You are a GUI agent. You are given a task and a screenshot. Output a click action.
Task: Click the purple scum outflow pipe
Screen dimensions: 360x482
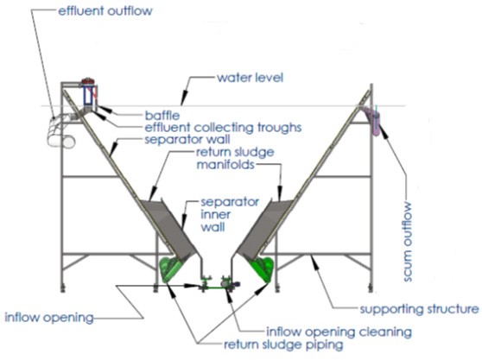[x=377, y=120]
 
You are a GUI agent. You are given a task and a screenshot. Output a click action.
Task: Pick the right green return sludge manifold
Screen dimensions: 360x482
[x=259, y=268]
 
